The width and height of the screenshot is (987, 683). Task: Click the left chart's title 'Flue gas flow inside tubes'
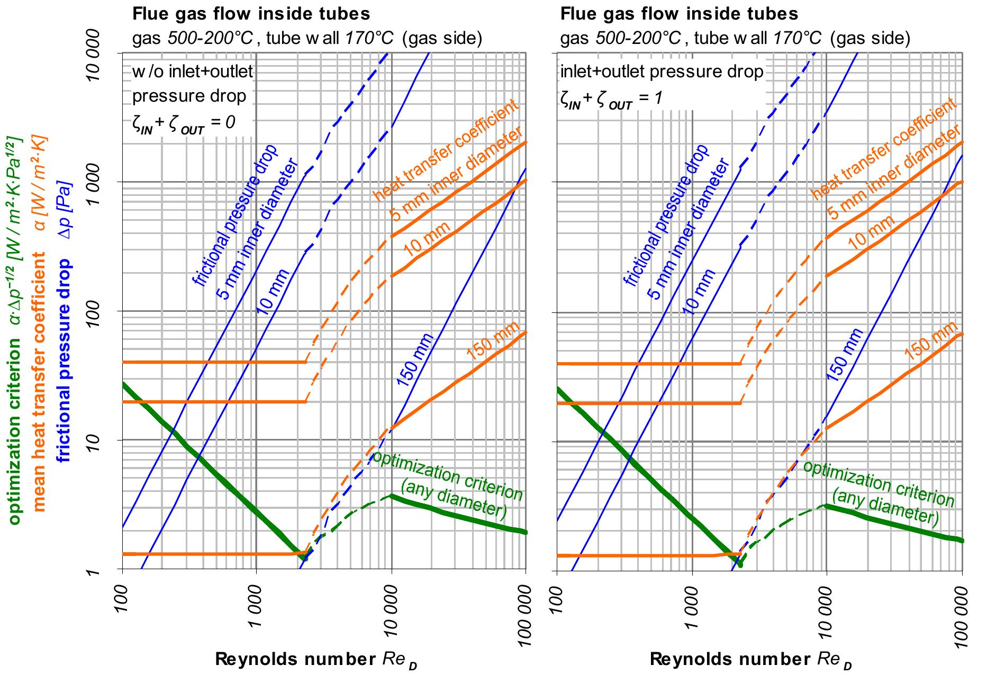[x=251, y=13]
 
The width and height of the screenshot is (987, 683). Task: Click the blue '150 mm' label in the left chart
[x=415, y=360]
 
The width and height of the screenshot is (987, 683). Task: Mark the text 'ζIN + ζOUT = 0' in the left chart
[x=184, y=125]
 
